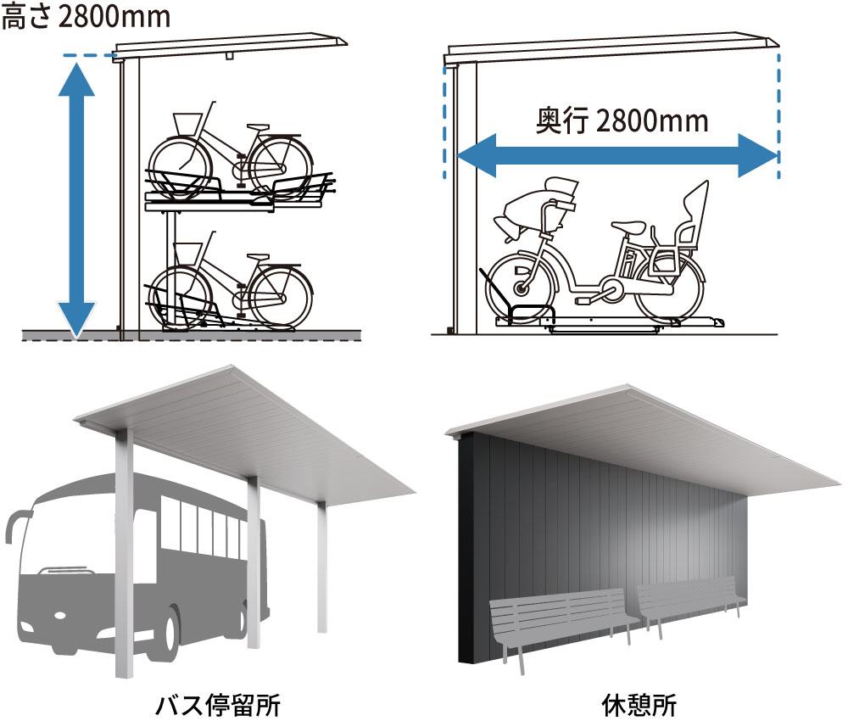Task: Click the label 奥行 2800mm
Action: coord(622,120)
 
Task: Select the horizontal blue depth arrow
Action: coord(617,156)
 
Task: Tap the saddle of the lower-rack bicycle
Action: coord(257,255)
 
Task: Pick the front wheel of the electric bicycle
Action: coord(521,288)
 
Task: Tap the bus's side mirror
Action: coord(12,524)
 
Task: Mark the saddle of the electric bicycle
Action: coord(628,226)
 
